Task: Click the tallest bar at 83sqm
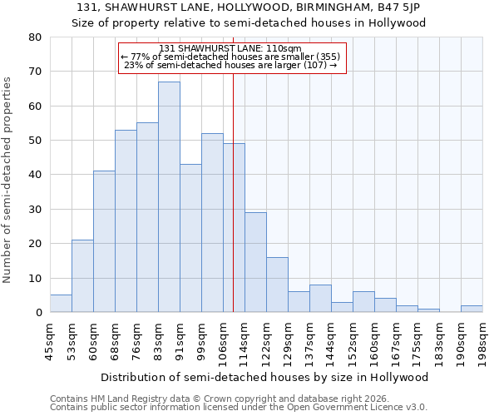(x=169, y=197)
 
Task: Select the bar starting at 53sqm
(x=82, y=276)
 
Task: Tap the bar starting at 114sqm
(x=255, y=262)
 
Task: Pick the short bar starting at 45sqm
(x=61, y=304)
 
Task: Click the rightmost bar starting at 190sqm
(x=472, y=309)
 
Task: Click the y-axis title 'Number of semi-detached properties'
(x=8, y=179)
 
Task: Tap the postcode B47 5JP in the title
(x=398, y=7)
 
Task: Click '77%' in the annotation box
(x=138, y=57)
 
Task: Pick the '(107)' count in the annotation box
(x=312, y=66)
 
